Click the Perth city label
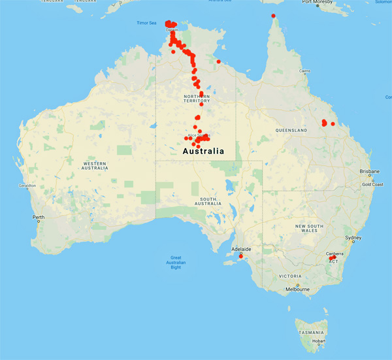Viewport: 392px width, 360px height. tap(39, 217)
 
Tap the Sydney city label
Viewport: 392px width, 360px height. tap(353, 238)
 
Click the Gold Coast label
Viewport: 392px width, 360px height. tap(372, 184)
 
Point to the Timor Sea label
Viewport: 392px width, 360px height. tap(147, 23)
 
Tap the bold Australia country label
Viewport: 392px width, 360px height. tap(202, 151)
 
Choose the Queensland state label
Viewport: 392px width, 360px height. tap(291, 131)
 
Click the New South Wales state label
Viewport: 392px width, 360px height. tap(310, 229)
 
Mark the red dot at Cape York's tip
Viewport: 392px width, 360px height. tap(273, 16)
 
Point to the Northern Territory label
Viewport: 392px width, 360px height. tap(197, 99)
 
